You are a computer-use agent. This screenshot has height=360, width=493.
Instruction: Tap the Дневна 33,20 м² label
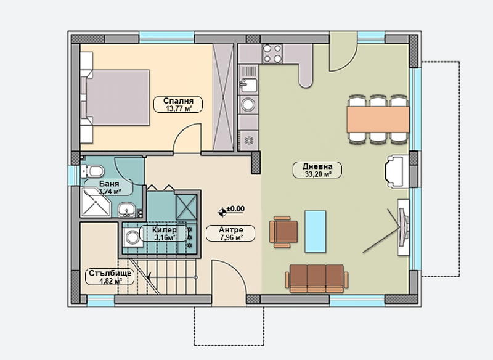[317, 170]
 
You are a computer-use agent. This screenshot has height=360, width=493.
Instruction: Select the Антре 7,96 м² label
[230, 233]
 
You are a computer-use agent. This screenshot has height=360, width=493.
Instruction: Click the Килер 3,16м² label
[164, 233]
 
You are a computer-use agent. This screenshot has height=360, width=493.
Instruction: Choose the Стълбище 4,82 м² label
[110, 277]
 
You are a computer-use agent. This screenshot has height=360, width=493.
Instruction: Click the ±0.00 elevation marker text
[235, 208]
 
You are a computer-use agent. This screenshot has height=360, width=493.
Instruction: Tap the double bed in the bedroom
[115, 97]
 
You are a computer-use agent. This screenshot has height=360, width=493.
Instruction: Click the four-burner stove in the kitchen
[272, 54]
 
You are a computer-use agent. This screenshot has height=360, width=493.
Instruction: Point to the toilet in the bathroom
[92, 171]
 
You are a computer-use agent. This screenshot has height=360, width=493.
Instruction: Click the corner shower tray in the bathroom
[96, 202]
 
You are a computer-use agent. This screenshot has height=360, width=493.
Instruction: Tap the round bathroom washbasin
[126, 210]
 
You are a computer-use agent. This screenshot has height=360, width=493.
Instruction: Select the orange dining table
[378, 119]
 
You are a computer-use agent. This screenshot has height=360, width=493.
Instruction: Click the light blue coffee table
[315, 231]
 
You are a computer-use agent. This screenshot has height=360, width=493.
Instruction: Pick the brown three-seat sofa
[317, 279]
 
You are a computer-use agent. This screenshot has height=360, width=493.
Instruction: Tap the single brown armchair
[283, 232]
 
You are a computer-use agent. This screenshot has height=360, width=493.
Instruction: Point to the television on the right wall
[404, 227]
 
